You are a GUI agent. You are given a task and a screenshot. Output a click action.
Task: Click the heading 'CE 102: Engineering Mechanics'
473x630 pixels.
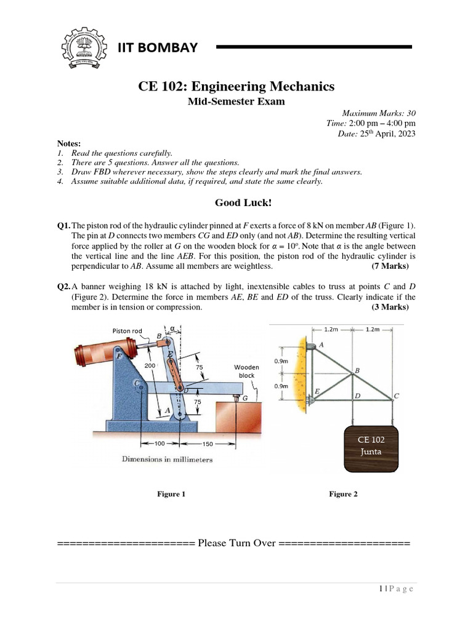pyautogui.click(x=236, y=86)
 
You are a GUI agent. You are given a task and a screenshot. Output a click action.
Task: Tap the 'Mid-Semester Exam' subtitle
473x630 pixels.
pyautogui.click(x=236, y=102)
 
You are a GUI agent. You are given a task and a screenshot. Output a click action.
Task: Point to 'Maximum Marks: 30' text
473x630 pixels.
pyautogui.click(x=379, y=113)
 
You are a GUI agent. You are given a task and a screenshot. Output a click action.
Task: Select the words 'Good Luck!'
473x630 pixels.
pyautogui.click(x=236, y=202)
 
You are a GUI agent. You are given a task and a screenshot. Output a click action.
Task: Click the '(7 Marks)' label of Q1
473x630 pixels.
pyautogui.click(x=389, y=266)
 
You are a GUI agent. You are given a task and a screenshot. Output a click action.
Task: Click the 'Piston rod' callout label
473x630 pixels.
pyautogui.click(x=127, y=331)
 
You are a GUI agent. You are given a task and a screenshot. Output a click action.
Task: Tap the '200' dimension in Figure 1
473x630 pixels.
pyautogui.click(x=150, y=365)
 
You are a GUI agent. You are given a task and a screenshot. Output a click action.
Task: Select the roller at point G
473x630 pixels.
pyautogui.click(x=236, y=399)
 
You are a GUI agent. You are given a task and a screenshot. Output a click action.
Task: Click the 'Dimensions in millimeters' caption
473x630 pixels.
pyautogui.click(x=167, y=460)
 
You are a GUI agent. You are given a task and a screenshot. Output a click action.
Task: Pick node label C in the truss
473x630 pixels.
pyautogui.click(x=397, y=396)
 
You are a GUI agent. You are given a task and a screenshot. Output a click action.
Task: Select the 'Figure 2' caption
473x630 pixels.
pyautogui.click(x=343, y=494)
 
